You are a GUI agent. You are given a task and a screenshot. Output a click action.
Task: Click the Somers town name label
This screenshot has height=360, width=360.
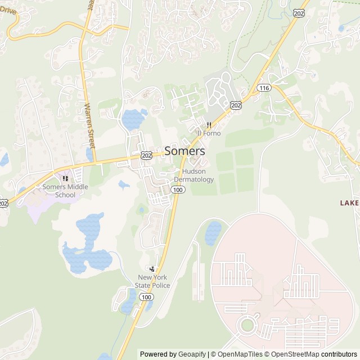coord(184,151)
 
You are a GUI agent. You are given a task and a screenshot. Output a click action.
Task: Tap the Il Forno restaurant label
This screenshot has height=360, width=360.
coord(209,133)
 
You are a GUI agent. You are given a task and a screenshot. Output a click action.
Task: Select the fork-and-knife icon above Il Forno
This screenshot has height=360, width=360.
coord(209,124)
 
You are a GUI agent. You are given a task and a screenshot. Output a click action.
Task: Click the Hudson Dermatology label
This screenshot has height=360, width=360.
coord(193,175)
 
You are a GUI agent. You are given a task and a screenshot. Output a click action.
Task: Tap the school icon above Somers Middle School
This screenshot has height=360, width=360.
coord(65,178)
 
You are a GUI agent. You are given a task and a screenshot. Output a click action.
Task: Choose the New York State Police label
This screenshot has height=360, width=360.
coord(152,281)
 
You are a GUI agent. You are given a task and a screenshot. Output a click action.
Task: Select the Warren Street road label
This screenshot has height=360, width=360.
coord(89,124)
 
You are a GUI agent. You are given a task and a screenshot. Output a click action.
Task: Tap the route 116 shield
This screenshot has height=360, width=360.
coord(264,88)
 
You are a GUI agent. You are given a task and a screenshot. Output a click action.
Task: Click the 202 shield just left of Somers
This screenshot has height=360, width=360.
coord(146,155)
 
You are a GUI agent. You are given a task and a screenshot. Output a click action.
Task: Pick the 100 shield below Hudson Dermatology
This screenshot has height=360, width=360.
coord(178,190)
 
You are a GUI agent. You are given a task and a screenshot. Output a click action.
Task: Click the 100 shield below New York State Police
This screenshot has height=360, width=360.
coord(146,296)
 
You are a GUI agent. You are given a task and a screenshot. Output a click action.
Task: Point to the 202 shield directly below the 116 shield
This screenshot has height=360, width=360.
coord(236,105)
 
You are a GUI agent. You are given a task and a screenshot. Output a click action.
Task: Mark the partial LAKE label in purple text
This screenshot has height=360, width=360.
coord(349,202)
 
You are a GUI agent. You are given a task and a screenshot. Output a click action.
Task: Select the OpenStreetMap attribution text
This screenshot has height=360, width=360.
coord(292,354)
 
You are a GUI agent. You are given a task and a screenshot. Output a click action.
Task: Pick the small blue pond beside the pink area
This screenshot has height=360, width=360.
coord(213,233)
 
